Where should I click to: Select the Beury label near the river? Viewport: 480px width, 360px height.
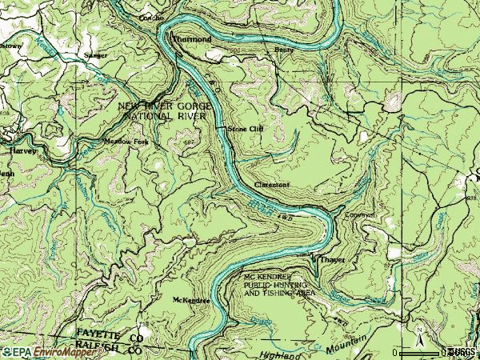point(284,49)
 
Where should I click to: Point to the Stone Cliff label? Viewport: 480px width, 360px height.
point(245,128)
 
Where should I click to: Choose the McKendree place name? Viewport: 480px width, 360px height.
point(191,300)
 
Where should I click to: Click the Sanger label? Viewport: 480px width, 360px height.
point(96,56)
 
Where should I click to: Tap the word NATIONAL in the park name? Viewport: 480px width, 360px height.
point(149,116)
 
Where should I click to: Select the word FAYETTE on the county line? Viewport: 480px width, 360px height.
point(98,331)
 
